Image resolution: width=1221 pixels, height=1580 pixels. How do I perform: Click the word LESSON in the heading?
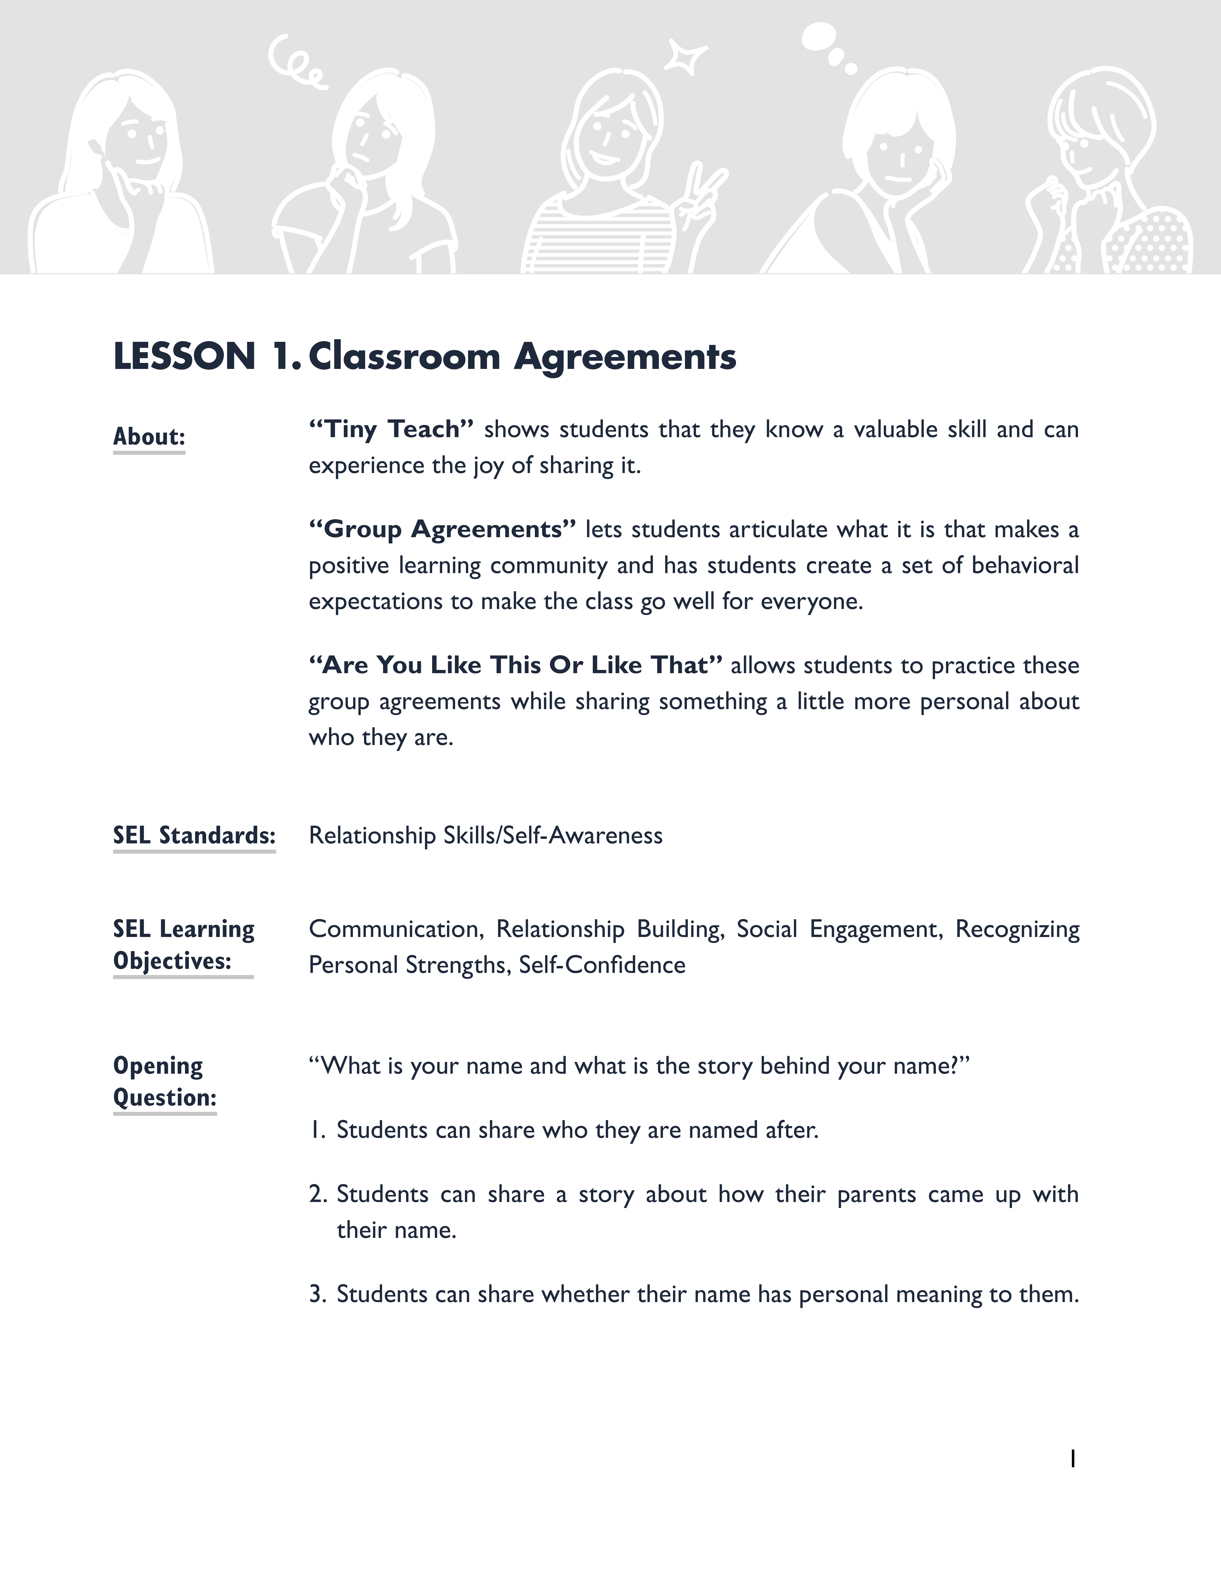click(x=184, y=357)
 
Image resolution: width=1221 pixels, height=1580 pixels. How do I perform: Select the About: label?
click(x=149, y=437)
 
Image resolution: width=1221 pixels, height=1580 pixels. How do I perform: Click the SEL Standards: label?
click(x=194, y=835)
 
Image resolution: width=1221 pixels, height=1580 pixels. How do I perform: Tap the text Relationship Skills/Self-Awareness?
click(x=485, y=835)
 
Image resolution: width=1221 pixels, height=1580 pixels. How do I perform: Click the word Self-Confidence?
click(x=602, y=965)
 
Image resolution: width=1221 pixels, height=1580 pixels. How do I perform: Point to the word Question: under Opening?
click(x=165, y=1097)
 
